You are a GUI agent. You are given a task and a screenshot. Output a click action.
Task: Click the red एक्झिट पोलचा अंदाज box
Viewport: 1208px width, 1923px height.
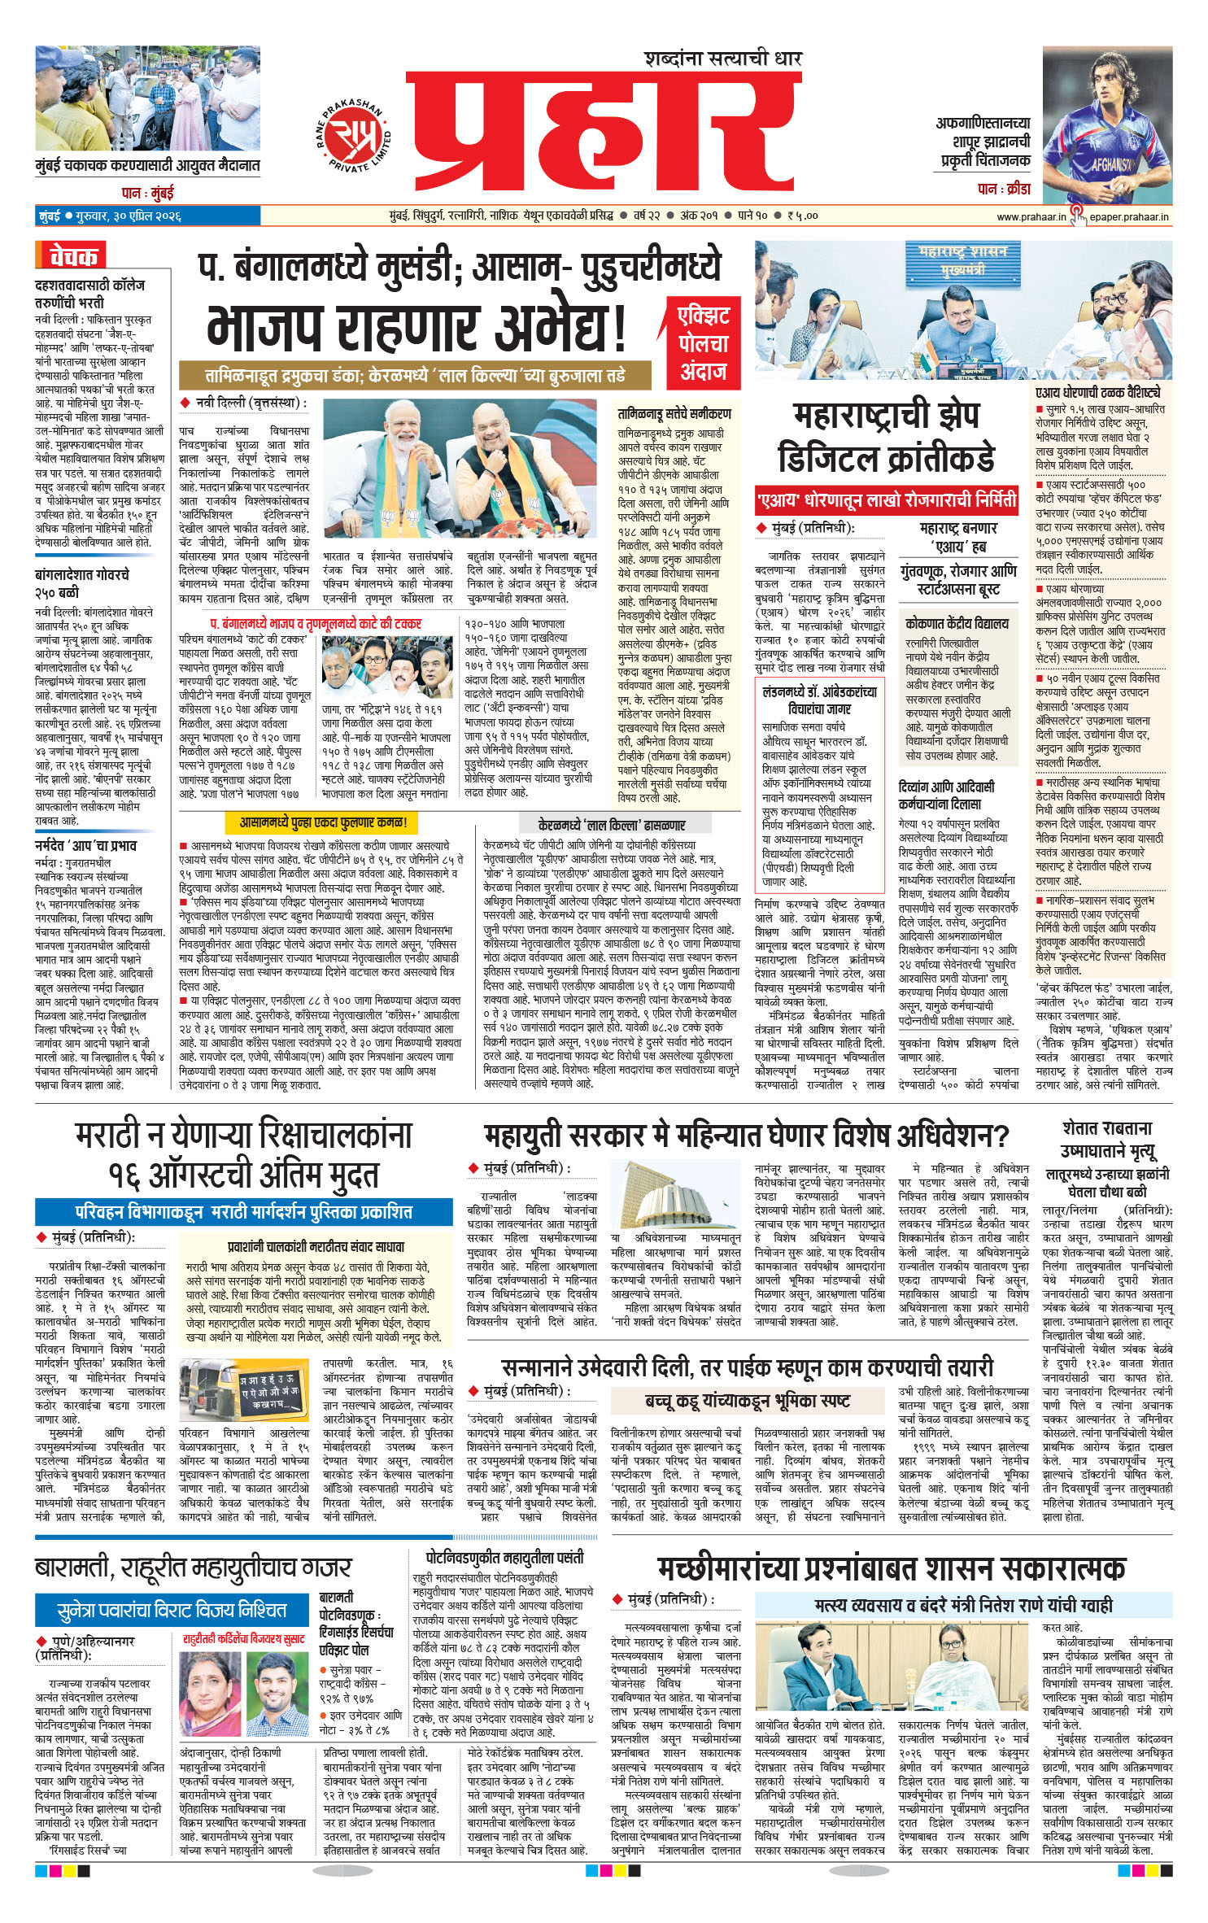(x=703, y=343)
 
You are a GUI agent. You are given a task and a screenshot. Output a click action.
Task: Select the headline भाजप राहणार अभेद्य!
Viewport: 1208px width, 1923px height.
(x=416, y=326)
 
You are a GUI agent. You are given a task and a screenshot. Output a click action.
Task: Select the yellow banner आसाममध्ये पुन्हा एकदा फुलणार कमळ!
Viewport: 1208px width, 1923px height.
(x=323, y=822)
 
